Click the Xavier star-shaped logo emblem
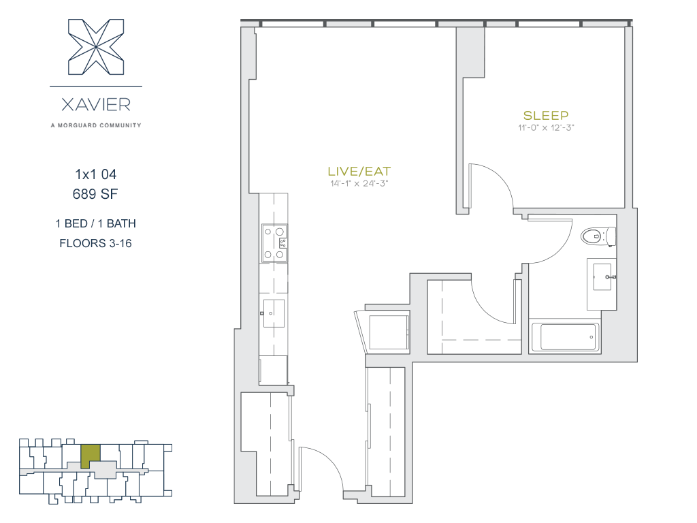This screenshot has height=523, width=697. click(x=96, y=47)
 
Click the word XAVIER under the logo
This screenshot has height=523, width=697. click(x=96, y=105)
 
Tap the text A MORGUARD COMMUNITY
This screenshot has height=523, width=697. click(x=96, y=125)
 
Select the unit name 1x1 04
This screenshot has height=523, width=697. click(x=96, y=174)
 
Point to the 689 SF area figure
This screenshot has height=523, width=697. click(x=95, y=194)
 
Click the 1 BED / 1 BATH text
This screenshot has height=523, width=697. click(x=95, y=223)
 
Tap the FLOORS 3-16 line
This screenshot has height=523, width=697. click(x=95, y=243)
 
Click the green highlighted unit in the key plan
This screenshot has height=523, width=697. click(x=91, y=456)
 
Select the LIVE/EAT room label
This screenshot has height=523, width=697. click(x=359, y=171)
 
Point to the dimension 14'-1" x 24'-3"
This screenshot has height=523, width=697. click(x=359, y=183)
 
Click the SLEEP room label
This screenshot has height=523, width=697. click(x=546, y=116)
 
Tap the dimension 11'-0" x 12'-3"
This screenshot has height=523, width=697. click(x=546, y=127)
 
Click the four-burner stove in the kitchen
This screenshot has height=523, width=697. click(x=274, y=243)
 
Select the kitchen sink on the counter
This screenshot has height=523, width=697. click(x=274, y=313)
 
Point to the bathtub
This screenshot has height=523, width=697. click(x=566, y=336)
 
